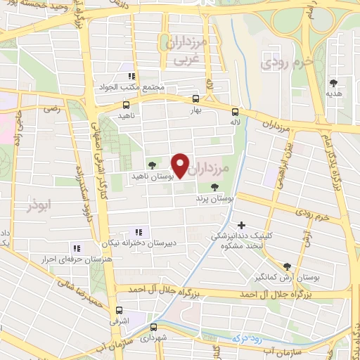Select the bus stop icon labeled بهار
click(x=195, y=99)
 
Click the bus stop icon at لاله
click(x=235, y=111)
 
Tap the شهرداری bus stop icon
click(x=153, y=327)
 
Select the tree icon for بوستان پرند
click(x=214, y=187)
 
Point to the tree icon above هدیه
click(x=333, y=82)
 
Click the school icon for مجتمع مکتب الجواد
click(x=130, y=76)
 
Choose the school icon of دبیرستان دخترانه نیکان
click(x=138, y=232)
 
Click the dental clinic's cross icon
click(x=242, y=226)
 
